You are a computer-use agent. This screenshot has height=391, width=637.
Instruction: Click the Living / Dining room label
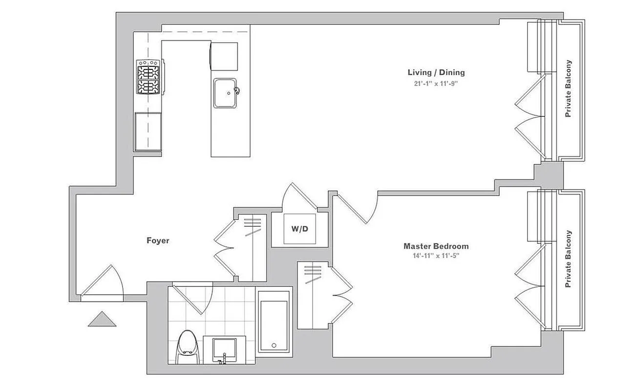(x=436, y=72)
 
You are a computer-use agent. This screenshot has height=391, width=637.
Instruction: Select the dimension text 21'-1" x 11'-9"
(x=436, y=84)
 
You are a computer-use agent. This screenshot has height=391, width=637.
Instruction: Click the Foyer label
(x=158, y=240)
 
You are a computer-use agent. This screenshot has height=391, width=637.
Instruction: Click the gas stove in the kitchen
(x=149, y=77)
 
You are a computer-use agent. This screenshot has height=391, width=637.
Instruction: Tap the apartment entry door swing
(x=102, y=283)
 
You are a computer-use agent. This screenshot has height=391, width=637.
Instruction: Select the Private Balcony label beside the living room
(x=568, y=88)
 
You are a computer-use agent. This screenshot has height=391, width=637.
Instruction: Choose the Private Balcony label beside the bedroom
(x=568, y=259)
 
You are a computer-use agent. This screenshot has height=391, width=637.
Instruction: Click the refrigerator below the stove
(x=149, y=131)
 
